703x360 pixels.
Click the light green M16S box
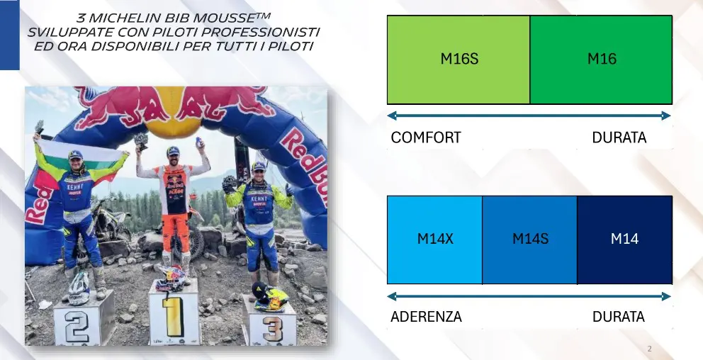(x=459, y=60)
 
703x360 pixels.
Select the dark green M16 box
(x=601, y=60)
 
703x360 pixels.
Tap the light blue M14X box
(x=434, y=239)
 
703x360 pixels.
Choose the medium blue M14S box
(x=529, y=239)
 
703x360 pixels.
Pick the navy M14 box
(x=624, y=239)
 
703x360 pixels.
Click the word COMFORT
(x=425, y=137)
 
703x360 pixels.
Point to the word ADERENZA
(x=426, y=317)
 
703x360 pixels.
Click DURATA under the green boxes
(x=619, y=137)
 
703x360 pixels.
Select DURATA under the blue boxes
(x=618, y=317)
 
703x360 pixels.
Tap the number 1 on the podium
(x=170, y=316)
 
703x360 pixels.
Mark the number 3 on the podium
(x=273, y=327)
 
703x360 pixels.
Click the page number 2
(x=650, y=349)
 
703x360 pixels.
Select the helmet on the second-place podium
(x=79, y=286)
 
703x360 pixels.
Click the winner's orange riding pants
(x=173, y=230)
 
